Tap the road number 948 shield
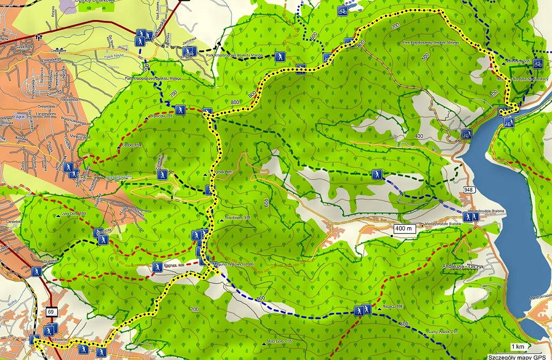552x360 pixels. pyautogui.click(x=467, y=190)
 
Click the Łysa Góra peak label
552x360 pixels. pyautogui.click(x=74, y=214)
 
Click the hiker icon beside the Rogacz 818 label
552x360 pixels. pyautogui.click(x=157, y=267)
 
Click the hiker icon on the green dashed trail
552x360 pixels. pyautogui.click(x=377, y=174)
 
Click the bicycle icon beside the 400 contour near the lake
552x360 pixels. pyautogui.click(x=466, y=134)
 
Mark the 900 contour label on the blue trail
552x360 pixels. pyautogui.click(x=262, y=299)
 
